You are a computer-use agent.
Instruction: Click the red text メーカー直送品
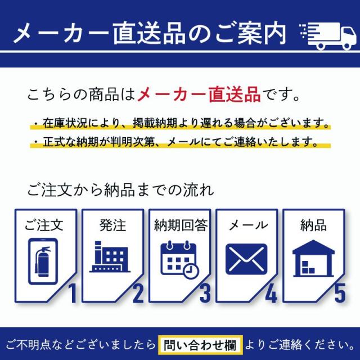(199, 93)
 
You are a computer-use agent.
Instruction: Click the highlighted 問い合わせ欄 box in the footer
(201, 344)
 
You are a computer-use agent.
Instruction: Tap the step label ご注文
(44, 225)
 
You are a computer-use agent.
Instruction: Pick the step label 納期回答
(180, 225)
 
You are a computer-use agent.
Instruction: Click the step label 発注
(112, 225)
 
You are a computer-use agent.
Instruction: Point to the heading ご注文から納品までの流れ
(120, 190)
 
